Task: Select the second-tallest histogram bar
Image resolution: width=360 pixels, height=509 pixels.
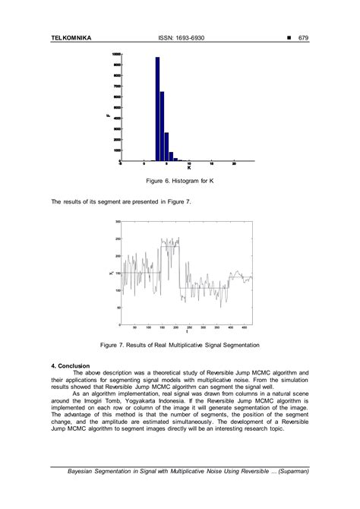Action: point(162,126)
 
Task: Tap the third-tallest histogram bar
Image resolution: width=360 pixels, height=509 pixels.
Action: point(166,147)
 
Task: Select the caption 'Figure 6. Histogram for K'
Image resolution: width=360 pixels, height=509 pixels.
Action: point(179,183)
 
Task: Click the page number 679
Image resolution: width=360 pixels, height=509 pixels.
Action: point(303,37)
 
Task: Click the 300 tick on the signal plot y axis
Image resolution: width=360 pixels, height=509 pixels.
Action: point(118,222)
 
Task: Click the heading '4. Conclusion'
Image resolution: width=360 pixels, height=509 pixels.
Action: point(71,365)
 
